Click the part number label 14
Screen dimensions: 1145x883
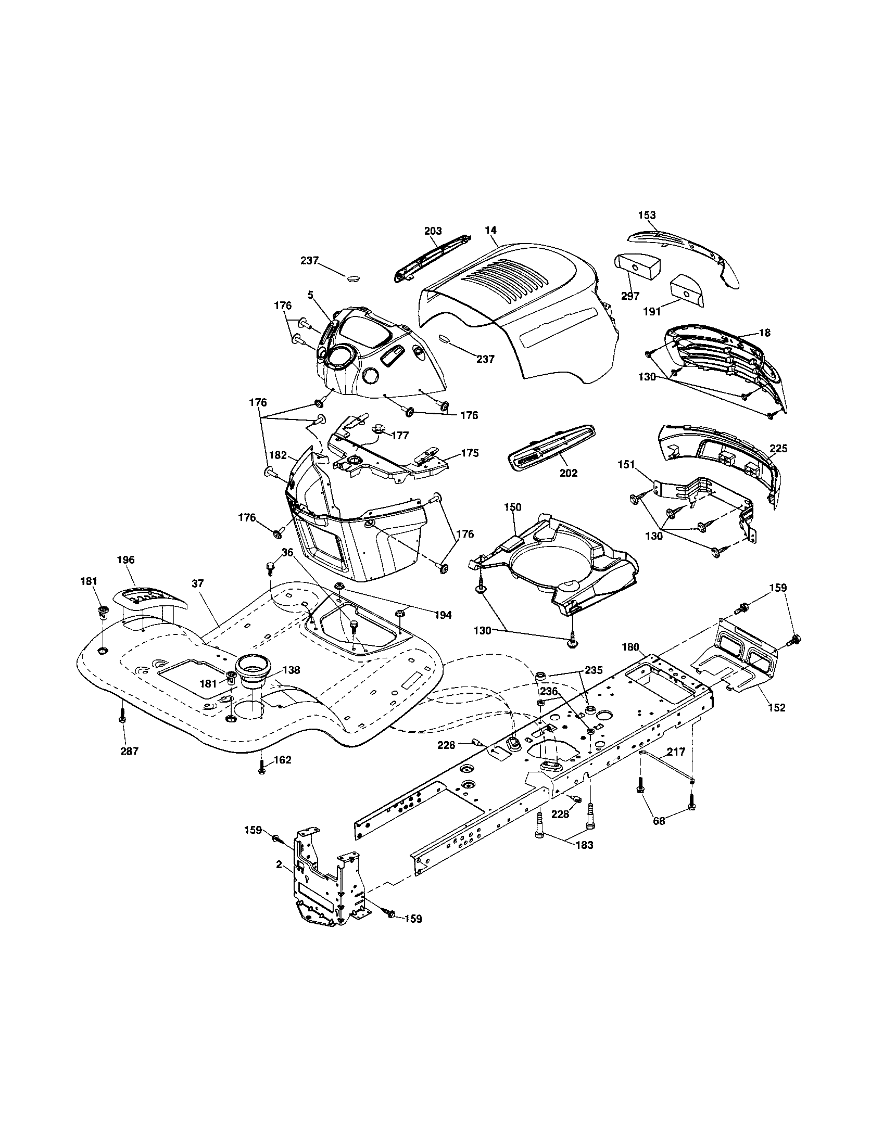point(491,230)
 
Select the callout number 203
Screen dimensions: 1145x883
point(433,231)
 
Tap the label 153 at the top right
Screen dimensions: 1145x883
point(647,215)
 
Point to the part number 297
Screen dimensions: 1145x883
point(630,296)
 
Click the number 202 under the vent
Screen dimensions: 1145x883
point(569,473)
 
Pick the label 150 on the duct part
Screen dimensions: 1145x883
point(513,507)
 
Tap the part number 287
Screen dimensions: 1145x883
point(130,751)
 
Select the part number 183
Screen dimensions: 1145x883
point(584,846)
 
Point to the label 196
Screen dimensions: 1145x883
point(126,560)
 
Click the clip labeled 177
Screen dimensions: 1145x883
point(375,430)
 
